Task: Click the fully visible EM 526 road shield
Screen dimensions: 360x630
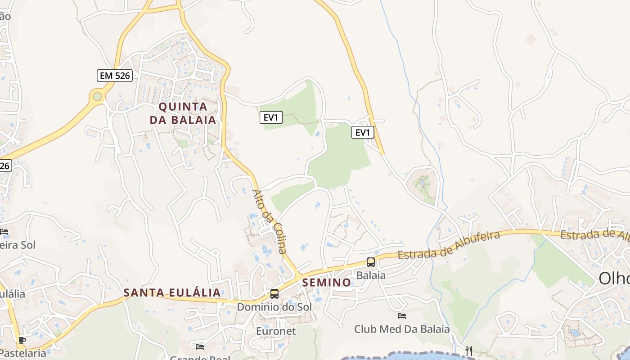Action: pos(114,76)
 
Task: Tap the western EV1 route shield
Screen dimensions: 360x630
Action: pos(271,118)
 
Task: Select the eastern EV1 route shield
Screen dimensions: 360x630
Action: pos(363,132)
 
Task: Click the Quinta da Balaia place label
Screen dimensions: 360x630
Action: pos(183,113)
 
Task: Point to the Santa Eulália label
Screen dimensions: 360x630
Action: pos(172,292)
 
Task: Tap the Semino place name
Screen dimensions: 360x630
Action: pos(327,283)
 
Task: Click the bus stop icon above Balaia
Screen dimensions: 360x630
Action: pos(371,262)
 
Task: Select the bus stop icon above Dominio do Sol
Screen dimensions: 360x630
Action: pos(274,294)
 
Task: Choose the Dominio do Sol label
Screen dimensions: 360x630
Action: pos(274,307)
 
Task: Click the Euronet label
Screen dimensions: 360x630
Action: pos(276,331)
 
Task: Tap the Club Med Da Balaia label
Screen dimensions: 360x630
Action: pos(402,329)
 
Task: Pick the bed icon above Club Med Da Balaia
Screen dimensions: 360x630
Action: pos(402,316)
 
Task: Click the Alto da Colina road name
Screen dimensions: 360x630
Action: pos(269,222)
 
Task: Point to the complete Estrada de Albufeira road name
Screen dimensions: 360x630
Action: pos(449,246)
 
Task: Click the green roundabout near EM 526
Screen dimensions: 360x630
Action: pos(97,96)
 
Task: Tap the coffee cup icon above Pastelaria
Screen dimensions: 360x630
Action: pos(22,341)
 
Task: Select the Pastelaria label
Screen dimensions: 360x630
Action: pos(23,353)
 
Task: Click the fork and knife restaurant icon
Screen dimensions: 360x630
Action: pos(469,351)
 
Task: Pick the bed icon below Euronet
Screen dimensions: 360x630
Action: pos(200,346)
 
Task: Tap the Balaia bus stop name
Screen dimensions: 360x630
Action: pos(371,275)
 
